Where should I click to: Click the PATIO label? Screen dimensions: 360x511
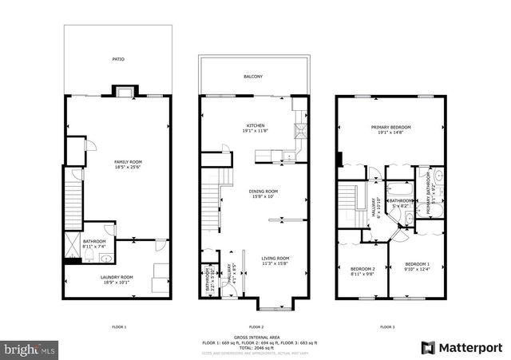coord(118,59)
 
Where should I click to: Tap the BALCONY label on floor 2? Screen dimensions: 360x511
coord(253,77)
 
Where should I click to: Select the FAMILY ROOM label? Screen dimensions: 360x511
coord(128,161)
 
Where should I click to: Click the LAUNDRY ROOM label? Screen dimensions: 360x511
coord(117,277)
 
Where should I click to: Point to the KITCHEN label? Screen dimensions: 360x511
coord(255,126)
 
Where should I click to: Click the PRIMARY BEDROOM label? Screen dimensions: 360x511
coord(391,128)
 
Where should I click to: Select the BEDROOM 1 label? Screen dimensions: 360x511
coord(417,264)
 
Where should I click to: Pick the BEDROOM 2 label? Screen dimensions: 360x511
coord(362,269)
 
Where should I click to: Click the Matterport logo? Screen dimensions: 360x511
coord(462,347)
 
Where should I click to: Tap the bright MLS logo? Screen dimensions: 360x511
coord(30,349)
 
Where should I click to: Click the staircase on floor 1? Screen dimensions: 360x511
coord(73,203)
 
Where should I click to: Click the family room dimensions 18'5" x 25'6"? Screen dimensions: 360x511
coord(128,167)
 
